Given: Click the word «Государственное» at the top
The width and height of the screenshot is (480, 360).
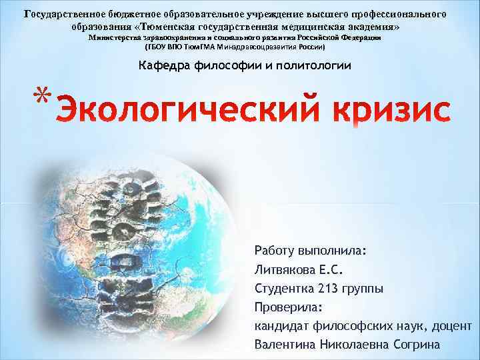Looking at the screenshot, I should (x=63, y=13).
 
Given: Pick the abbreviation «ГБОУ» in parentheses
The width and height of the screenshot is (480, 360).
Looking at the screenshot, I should (x=160, y=49).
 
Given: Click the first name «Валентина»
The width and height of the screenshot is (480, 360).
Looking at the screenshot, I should (x=285, y=345).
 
